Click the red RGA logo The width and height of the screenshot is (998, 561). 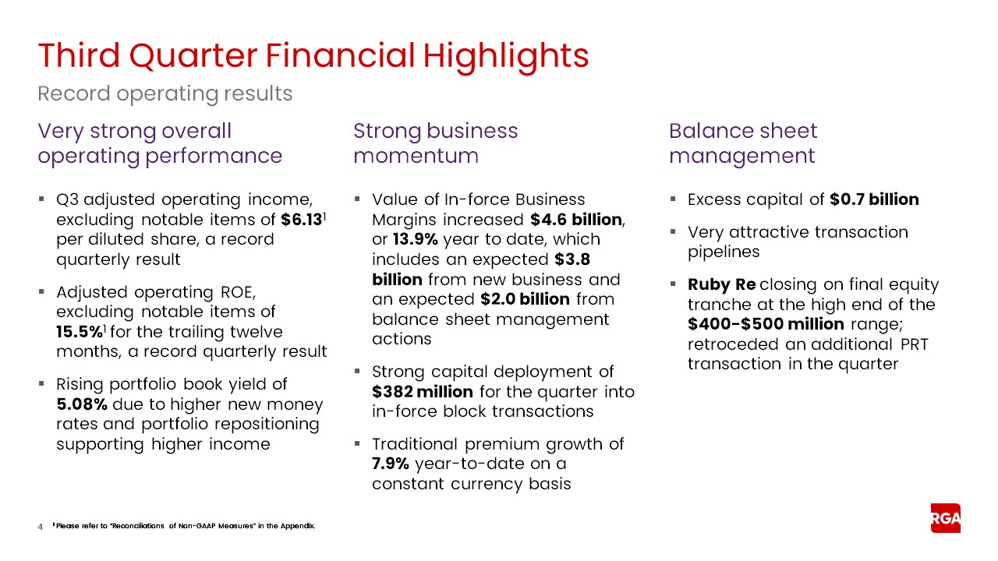point(945,518)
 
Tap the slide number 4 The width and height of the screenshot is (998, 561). point(41,527)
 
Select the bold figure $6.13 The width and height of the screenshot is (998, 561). point(302,220)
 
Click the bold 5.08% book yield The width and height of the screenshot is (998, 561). point(83,404)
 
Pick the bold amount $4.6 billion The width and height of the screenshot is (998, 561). point(575,220)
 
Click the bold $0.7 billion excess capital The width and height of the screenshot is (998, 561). point(874,199)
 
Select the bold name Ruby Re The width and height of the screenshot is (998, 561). point(721,284)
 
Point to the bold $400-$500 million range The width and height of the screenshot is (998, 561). point(766,324)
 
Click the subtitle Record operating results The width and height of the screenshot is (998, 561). point(165,94)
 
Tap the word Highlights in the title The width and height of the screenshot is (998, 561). point(506,55)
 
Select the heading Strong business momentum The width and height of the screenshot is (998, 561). point(435,143)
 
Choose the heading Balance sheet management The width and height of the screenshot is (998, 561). point(742,143)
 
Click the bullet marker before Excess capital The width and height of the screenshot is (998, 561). point(673,199)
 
